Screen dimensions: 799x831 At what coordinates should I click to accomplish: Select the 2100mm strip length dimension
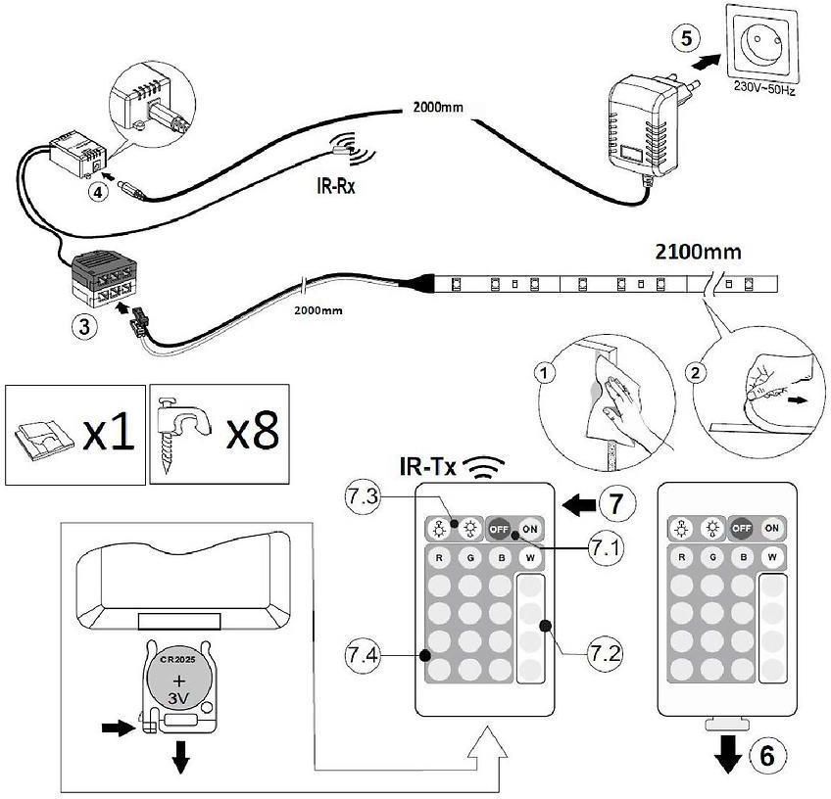[x=698, y=252]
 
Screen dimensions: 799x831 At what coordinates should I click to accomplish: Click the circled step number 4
[x=97, y=192]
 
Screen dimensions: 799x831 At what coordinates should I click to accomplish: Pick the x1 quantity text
[x=109, y=434]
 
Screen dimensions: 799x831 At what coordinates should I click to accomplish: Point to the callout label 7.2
[x=606, y=650]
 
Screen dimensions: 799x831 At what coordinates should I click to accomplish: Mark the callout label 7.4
[x=363, y=650]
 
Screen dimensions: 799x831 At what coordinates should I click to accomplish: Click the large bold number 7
[x=613, y=505]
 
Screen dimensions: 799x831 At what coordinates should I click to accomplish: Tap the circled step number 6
[x=768, y=755]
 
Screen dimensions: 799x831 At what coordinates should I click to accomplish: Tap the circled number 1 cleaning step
[x=546, y=373]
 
